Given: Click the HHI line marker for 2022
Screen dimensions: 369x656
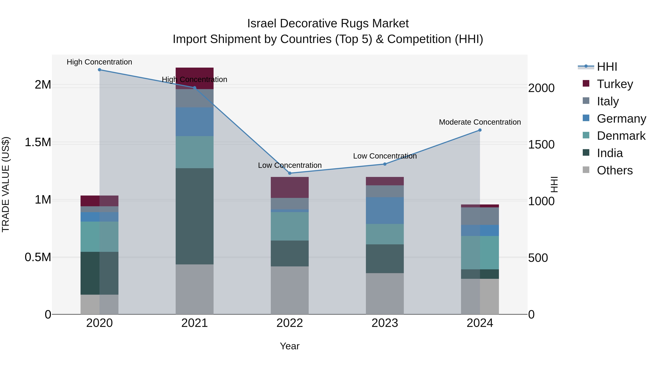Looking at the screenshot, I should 290,173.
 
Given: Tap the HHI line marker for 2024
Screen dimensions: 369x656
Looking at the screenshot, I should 480,130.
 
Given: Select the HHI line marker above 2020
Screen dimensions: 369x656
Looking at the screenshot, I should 99,70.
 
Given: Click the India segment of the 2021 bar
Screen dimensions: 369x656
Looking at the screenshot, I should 195,216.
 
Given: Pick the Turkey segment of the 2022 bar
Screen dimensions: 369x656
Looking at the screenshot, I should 290,188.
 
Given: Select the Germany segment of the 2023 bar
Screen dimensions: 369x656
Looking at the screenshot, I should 385,211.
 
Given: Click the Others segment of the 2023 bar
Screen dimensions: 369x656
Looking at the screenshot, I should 385,294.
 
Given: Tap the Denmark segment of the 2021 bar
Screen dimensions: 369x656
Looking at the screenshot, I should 195,152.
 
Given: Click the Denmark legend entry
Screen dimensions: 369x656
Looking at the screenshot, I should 621,136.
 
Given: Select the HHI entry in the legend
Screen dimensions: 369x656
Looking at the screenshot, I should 607,67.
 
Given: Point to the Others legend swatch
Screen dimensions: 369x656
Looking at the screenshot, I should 586,170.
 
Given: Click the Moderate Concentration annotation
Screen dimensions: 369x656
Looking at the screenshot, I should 480,122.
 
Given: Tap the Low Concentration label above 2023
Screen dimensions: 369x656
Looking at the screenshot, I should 385,156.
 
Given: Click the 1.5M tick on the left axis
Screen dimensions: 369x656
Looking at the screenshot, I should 38,142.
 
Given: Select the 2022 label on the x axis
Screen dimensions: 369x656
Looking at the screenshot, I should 290,323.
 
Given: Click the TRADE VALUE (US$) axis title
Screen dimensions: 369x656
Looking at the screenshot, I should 6,184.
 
